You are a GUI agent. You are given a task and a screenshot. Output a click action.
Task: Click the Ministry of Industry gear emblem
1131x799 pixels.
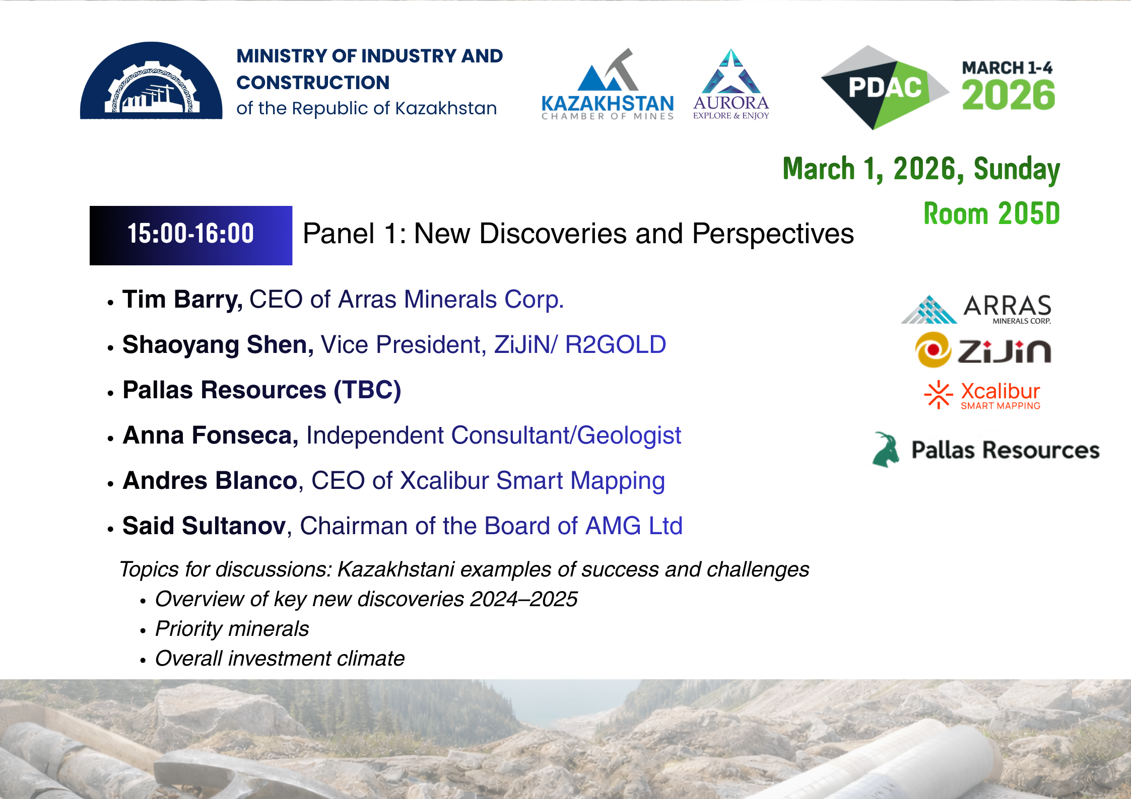[151, 81]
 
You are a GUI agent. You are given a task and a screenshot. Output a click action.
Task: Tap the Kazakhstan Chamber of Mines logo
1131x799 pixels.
[608, 85]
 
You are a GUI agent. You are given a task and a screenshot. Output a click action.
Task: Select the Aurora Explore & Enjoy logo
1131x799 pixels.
[731, 84]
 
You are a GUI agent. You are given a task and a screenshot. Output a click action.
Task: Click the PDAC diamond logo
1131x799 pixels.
[885, 88]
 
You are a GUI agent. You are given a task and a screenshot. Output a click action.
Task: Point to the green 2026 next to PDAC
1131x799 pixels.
[1008, 95]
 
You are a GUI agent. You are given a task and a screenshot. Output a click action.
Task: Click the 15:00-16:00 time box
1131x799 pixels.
[191, 235]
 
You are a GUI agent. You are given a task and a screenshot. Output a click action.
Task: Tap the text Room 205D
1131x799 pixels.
[991, 213]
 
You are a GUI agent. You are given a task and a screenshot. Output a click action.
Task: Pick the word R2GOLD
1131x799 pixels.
[615, 345]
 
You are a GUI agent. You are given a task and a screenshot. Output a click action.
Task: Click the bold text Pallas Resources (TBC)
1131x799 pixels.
[262, 390]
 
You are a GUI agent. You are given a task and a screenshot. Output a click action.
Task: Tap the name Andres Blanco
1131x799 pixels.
[210, 480]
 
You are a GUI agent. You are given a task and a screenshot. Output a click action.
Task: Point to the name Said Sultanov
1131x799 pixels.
[205, 526]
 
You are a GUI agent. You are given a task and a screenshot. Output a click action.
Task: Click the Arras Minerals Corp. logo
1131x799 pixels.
[976, 309]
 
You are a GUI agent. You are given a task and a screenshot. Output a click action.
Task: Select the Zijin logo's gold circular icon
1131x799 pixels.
[933, 349]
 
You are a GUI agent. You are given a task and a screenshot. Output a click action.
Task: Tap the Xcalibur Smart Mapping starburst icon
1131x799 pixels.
[939, 395]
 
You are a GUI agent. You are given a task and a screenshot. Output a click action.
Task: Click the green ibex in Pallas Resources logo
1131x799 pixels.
[886, 450]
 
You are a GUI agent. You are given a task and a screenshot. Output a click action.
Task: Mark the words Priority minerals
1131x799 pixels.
[232, 629]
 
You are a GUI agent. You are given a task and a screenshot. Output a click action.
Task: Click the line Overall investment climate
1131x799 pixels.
[280, 659]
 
